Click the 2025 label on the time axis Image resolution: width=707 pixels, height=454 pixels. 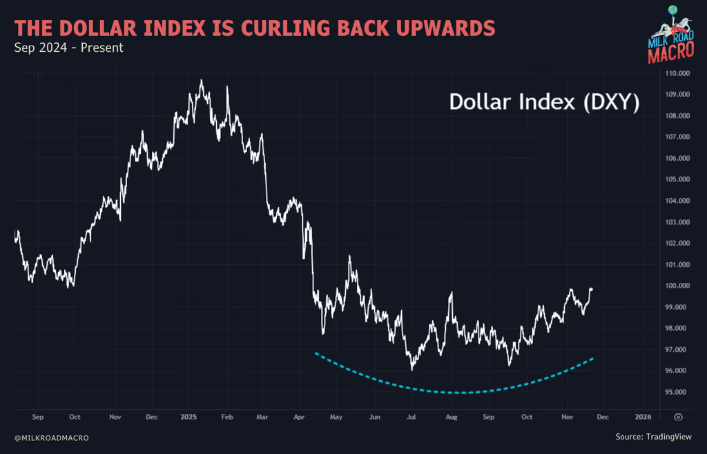pyautogui.click(x=188, y=417)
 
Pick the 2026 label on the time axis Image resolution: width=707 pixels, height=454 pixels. pyautogui.click(x=643, y=417)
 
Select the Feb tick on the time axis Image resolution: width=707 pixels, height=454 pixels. pyautogui.click(x=225, y=417)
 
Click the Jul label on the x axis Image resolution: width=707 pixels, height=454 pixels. pyautogui.click(x=411, y=417)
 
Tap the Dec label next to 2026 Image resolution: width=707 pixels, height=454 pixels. pyautogui.click(x=603, y=417)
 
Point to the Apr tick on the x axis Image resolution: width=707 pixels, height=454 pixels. pyautogui.click(x=299, y=417)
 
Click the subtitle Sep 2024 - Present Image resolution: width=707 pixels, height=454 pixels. pyautogui.click(x=68, y=48)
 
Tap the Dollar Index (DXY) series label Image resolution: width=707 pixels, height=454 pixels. pyautogui.click(x=544, y=102)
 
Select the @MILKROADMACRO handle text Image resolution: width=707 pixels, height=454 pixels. pyautogui.click(x=51, y=438)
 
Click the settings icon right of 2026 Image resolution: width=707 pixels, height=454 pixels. pyautogui.click(x=678, y=417)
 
